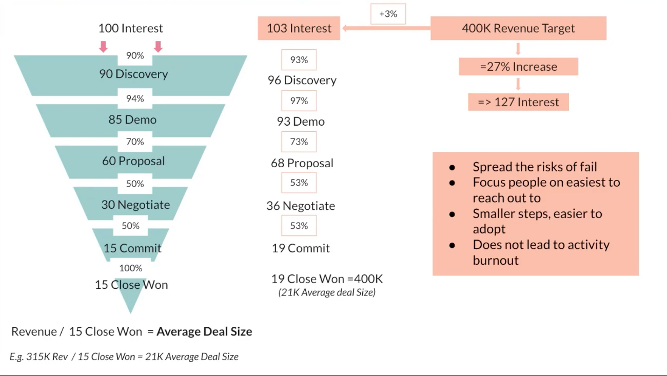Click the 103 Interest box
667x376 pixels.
click(x=299, y=28)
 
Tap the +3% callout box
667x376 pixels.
click(x=388, y=14)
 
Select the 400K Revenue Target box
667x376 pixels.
click(x=518, y=28)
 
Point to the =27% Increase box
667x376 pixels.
click(x=518, y=67)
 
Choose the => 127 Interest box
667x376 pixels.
click(x=518, y=102)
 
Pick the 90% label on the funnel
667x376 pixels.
click(x=135, y=55)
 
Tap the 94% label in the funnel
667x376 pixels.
click(x=135, y=98)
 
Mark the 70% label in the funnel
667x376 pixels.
click(x=135, y=142)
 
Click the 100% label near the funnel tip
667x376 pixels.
click(x=131, y=268)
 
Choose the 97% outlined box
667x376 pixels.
click(x=299, y=101)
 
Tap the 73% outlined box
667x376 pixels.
click(x=299, y=142)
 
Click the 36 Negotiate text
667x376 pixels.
click(x=301, y=206)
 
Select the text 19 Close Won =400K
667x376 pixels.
click(x=327, y=279)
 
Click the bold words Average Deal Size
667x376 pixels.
click(x=204, y=331)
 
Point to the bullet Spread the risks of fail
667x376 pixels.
click(x=535, y=167)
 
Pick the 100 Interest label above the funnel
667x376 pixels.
click(x=130, y=28)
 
